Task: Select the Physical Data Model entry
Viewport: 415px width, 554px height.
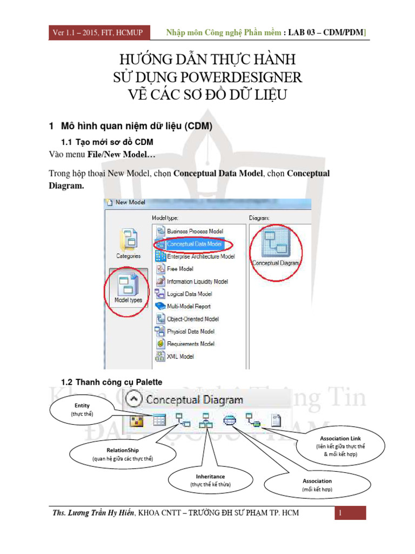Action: point(190,332)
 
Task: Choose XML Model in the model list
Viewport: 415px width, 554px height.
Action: point(180,357)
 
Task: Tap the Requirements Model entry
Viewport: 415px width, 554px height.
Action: point(190,344)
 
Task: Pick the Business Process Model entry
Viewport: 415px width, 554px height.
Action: point(195,232)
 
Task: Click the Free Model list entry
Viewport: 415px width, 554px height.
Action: point(180,269)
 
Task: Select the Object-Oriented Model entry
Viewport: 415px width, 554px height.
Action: point(192,319)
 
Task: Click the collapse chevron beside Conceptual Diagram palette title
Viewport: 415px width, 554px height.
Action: point(133,400)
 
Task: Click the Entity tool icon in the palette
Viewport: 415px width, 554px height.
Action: point(159,420)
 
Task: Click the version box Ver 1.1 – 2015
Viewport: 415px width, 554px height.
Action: point(98,33)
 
